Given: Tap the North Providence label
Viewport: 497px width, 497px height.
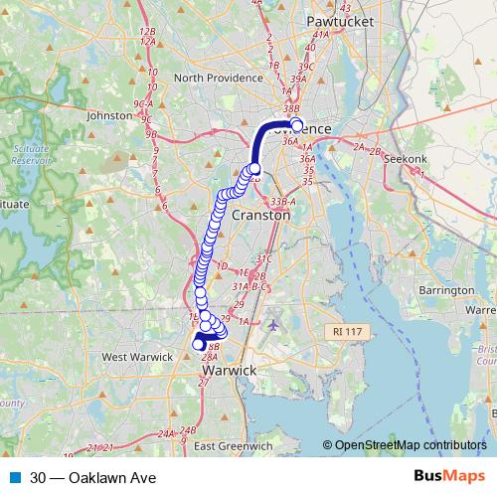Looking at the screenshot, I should (216, 78).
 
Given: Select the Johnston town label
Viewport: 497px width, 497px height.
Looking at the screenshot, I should (109, 115).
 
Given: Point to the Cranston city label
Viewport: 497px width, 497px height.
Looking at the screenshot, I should (260, 215).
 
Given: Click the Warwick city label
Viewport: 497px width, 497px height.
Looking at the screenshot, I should (229, 371).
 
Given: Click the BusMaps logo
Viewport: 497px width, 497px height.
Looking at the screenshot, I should (448, 478).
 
